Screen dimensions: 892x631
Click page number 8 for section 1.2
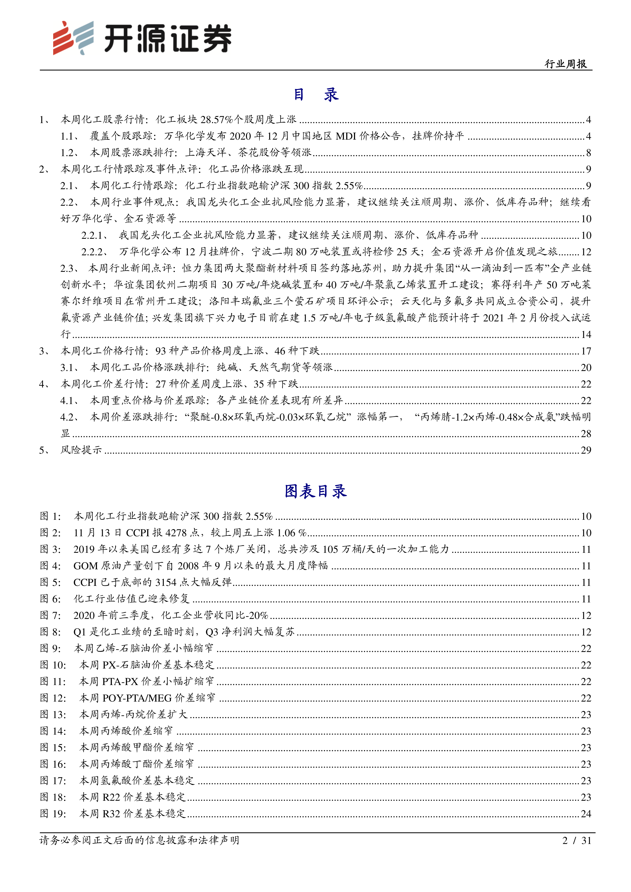(x=588, y=153)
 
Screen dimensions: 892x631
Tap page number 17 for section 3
(x=586, y=351)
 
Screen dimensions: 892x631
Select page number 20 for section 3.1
(x=586, y=367)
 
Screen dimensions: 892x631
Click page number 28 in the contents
(x=586, y=434)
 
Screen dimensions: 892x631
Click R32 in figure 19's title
(x=111, y=813)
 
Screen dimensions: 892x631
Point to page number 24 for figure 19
(x=586, y=813)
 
